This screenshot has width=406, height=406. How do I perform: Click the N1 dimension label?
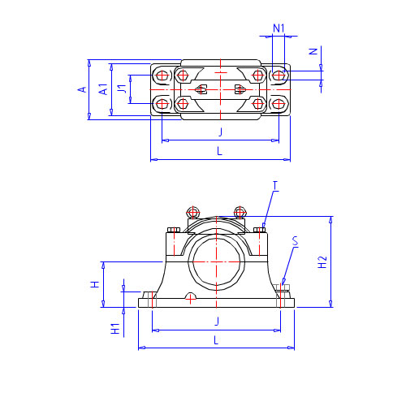tap(279, 28)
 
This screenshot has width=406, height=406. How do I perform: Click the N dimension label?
tap(313, 51)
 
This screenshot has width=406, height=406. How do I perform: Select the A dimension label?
tap(82, 89)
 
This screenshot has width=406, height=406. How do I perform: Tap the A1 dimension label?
tap(103, 89)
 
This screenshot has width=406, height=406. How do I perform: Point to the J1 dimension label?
tap(122, 89)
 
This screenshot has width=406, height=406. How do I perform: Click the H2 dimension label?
tap(322, 262)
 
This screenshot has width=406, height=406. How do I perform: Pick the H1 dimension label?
tap(115, 329)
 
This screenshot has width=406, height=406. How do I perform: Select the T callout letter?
tap(275, 186)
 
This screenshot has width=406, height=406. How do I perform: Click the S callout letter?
tap(295, 241)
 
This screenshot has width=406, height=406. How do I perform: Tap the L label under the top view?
tap(220, 151)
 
